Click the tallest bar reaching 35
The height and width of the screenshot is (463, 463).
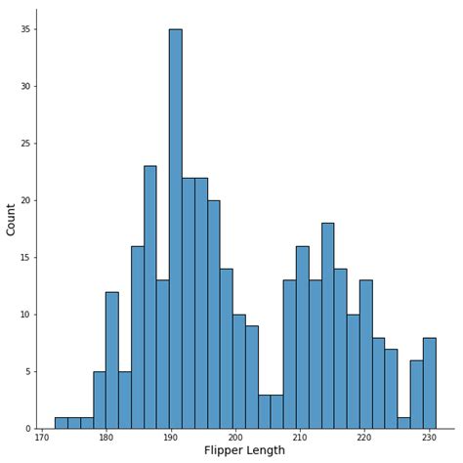tap(175, 229)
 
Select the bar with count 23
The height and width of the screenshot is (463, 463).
tap(149, 297)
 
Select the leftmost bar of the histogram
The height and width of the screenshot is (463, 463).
tap(61, 423)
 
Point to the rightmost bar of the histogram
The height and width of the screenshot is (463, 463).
tap(429, 383)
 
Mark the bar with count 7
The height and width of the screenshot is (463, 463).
tap(391, 389)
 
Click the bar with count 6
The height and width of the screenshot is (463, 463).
tap(416, 395)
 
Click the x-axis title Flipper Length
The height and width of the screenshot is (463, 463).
tap(245, 450)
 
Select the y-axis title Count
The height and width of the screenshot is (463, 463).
tap(12, 219)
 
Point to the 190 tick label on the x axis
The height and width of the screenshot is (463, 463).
tap(171, 438)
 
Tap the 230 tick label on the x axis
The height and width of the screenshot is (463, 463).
tap(428, 438)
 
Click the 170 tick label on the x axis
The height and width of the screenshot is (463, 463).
tap(42, 438)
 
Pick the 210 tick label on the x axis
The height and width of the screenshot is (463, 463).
tap(300, 438)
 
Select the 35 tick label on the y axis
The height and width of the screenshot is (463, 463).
tap(26, 29)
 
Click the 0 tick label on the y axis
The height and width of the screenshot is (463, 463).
tap(29, 429)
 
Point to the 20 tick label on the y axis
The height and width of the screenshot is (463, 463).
tap(26, 200)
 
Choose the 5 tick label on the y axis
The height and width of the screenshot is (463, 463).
tap(29, 371)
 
